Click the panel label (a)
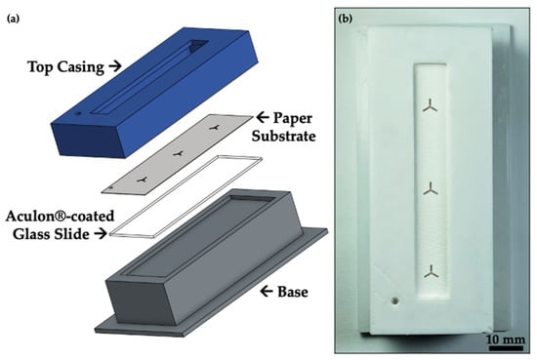[13, 20]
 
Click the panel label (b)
[346, 19]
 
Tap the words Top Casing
[66, 66]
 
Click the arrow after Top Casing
[115, 66]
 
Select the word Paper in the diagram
[293, 118]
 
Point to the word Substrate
[283, 136]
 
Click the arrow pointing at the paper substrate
[263, 118]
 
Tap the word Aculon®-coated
[60, 217]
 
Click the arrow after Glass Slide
[101, 234]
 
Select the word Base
[293, 292]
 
